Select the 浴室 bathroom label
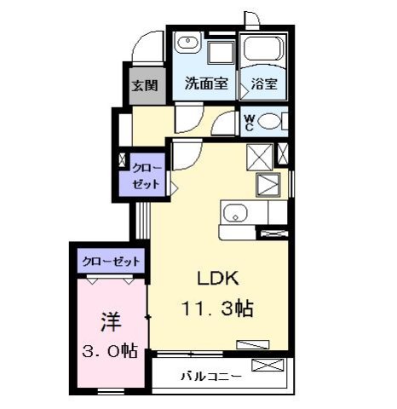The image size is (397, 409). coord(262,85)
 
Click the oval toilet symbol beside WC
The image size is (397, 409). coord(272,122)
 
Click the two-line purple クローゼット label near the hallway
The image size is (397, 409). coord(142,176)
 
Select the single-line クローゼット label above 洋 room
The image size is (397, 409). coord(111,262)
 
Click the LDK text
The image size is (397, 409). coord(221,279)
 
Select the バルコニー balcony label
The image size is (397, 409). coord(210,376)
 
